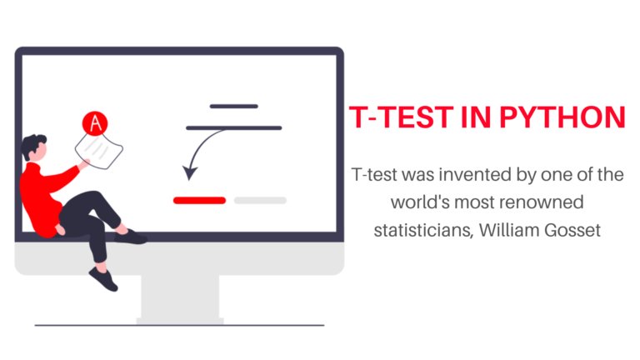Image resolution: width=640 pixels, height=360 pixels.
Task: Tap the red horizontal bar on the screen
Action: (x=199, y=200)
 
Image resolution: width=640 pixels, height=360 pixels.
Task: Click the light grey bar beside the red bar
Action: (x=260, y=200)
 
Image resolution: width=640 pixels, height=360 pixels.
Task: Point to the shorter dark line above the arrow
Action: (x=234, y=107)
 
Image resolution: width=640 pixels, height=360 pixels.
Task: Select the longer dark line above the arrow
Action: (x=234, y=127)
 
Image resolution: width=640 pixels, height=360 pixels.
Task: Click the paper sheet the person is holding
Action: (x=100, y=151)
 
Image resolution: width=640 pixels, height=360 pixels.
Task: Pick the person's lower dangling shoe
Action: (x=103, y=279)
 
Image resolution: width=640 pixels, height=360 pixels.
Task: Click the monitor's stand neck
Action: (x=179, y=296)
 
